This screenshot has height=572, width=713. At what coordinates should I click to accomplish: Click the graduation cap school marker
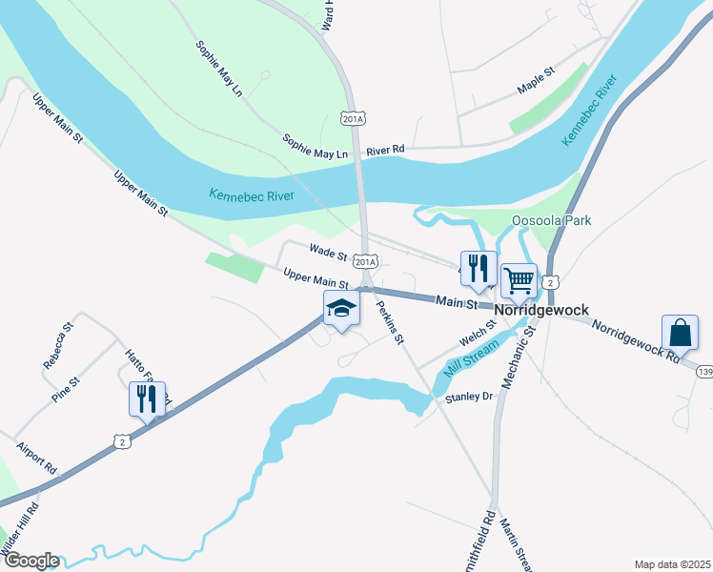coord(341,309)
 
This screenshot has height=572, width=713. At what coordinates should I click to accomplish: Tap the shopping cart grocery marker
coord(519,281)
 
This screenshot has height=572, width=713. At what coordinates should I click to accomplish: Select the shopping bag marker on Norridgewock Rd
coord(680,333)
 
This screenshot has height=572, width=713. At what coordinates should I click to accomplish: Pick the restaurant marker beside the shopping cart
coord(479,268)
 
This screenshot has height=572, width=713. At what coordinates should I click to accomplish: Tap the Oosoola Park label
coord(551,220)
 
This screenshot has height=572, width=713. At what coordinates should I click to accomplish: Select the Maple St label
coord(536,80)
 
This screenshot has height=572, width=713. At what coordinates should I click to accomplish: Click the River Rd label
coord(385,150)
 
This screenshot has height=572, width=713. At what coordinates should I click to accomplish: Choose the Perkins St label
coord(391,322)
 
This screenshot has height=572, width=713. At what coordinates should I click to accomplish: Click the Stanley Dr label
coord(467,397)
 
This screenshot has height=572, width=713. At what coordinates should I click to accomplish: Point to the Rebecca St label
coord(58,346)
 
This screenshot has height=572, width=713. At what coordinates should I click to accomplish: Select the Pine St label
coord(67,390)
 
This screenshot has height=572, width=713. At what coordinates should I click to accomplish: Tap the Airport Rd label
coord(37,459)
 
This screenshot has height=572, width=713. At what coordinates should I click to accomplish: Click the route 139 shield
coord(704,370)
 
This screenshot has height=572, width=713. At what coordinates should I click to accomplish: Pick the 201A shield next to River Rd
coord(354,117)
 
